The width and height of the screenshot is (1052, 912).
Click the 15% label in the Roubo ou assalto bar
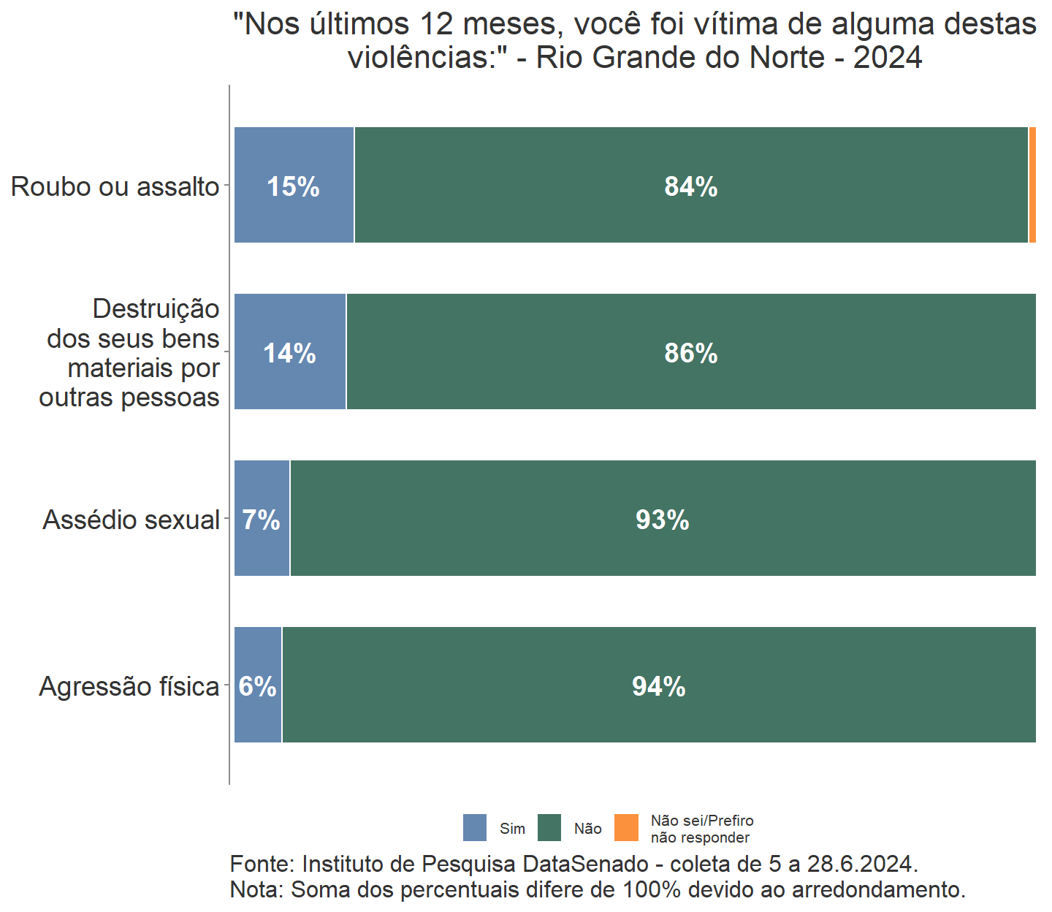293,187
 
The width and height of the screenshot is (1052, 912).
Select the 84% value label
690,187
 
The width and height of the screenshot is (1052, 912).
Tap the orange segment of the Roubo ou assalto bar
1032,185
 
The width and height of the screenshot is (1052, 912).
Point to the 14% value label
289,354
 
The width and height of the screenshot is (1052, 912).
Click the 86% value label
690,354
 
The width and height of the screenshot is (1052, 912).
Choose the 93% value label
662,520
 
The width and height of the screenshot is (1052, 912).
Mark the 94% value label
658,687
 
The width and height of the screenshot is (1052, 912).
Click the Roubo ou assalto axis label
115,186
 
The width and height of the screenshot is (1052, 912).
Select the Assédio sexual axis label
131,520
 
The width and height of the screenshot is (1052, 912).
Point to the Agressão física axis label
129,686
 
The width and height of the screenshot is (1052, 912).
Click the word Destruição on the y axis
156,309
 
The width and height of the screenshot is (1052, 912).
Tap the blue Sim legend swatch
475,828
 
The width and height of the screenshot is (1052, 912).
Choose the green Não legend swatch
549,828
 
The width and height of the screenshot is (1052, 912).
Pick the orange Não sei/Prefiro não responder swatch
626,828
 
